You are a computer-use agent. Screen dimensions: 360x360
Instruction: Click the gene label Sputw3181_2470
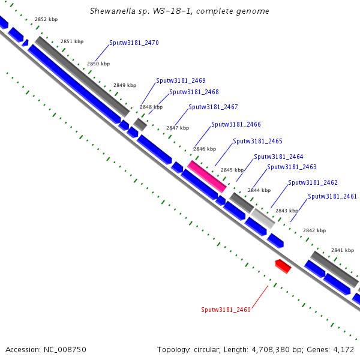click(x=134, y=43)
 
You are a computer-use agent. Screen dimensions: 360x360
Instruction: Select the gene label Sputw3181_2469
click(x=181, y=80)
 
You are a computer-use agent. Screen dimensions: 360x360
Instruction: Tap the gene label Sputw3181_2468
click(x=194, y=92)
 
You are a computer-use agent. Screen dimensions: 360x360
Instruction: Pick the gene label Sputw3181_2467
click(x=213, y=107)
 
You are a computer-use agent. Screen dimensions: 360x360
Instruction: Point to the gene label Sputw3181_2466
click(x=236, y=125)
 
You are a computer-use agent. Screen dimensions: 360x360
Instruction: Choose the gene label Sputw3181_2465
click(x=257, y=142)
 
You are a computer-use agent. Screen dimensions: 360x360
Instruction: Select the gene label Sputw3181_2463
click(x=292, y=167)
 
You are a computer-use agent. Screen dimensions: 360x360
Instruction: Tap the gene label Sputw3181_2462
click(x=313, y=183)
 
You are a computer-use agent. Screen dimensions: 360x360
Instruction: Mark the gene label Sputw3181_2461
click(x=332, y=197)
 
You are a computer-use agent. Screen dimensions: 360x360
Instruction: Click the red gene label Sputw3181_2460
click(x=226, y=310)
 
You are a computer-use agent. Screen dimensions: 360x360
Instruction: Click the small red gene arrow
click(x=283, y=266)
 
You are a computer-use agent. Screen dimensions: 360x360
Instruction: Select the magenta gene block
click(x=207, y=176)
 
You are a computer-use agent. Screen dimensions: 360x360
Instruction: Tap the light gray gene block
click(x=263, y=217)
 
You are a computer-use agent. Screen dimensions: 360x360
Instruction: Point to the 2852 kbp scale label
click(x=46, y=20)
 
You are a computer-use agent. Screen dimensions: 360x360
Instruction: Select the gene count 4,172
click(x=344, y=349)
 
